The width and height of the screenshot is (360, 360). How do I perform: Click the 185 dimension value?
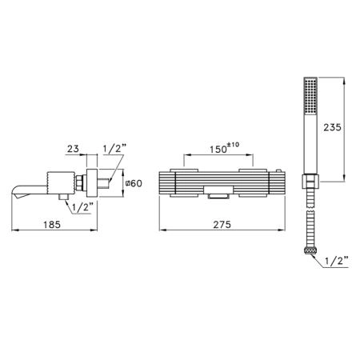pos(52,225)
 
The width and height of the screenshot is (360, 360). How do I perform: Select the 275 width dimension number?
pos(222,225)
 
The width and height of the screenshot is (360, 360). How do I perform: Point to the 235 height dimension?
pos(332,127)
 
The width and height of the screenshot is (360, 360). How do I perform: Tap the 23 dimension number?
pos(73,149)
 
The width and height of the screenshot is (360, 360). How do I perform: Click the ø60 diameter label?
pos(134,183)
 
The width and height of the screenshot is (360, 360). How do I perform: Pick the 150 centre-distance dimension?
pos(218,150)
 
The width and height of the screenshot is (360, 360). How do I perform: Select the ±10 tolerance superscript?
pos(233,145)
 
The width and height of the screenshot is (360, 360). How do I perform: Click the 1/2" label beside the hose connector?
pos(337,261)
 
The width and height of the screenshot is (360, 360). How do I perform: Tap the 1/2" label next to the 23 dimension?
pos(114,148)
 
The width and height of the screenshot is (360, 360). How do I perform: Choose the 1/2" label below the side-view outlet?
pos(82,207)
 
